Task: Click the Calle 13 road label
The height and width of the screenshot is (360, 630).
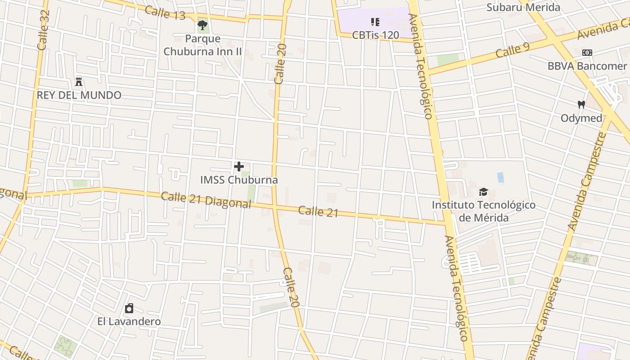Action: [x=166, y=13]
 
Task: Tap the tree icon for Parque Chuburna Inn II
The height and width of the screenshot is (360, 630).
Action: [x=202, y=25]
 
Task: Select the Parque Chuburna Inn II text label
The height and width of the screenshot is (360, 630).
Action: [x=202, y=45]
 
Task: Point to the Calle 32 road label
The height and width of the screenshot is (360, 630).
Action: [x=43, y=30]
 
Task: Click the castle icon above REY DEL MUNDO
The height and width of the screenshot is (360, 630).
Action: [x=79, y=82]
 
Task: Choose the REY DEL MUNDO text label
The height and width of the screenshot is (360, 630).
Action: [x=79, y=95]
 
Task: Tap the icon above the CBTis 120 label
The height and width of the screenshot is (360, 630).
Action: [x=375, y=22]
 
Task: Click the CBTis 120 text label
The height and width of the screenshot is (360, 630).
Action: [x=375, y=35]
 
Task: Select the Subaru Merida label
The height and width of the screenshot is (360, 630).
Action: [x=523, y=7]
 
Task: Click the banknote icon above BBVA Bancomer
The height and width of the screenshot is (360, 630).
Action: [x=587, y=53]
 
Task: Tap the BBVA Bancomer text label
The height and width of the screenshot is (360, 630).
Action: [x=587, y=66]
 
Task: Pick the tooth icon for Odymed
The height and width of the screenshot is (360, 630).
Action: [x=581, y=105]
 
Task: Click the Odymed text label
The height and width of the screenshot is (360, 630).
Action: [x=581, y=118]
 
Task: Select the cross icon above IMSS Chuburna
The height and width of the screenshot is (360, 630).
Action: [x=239, y=166]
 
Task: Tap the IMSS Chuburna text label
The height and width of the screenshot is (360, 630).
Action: [x=239, y=180]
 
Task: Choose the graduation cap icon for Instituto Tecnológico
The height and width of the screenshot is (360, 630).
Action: [x=483, y=192]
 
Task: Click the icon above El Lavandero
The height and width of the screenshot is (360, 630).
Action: [x=129, y=308]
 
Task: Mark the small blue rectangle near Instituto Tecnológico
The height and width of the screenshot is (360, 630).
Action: [x=500, y=177]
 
